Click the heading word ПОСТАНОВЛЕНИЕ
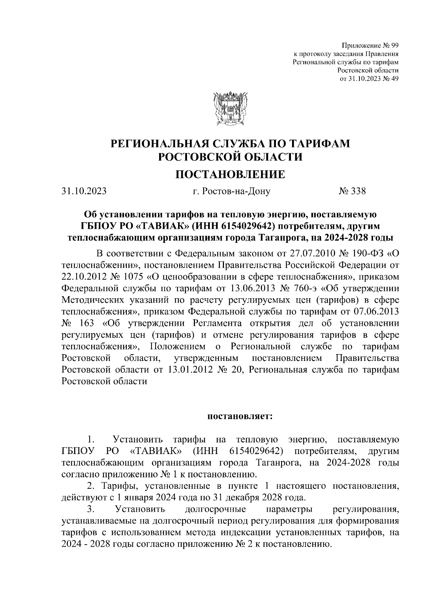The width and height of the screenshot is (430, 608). (x=230, y=174)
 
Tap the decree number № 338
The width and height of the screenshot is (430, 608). (x=352, y=191)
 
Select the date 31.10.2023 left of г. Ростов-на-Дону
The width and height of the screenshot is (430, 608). (x=84, y=191)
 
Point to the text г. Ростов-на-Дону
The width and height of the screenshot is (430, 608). (x=231, y=191)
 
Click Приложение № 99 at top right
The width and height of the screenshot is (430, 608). (x=370, y=45)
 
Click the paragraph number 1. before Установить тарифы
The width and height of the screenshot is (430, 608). (x=91, y=440)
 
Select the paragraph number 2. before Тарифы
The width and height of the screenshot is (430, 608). (x=91, y=486)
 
